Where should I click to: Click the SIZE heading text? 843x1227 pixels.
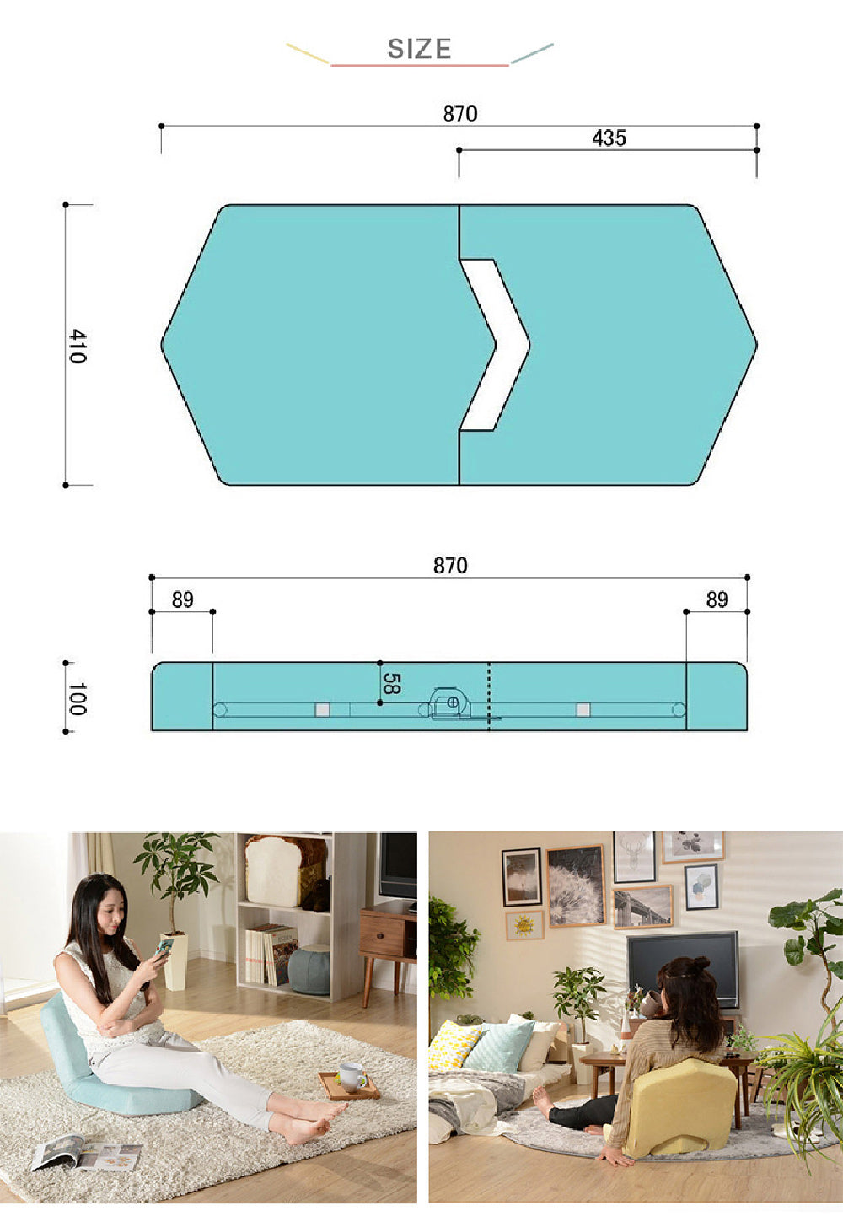[419, 49]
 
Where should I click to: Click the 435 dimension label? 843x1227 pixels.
[609, 138]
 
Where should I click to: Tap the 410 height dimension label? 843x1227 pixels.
[78, 347]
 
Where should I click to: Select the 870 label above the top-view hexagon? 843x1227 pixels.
[459, 114]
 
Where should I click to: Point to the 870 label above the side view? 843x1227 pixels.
[450, 566]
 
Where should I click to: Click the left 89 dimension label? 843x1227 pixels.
[182, 600]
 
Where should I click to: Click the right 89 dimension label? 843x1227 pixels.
[717, 600]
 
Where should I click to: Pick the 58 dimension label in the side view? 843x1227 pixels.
[392, 683]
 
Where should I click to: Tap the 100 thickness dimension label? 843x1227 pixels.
[78, 699]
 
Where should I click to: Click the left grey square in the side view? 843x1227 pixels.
[322, 710]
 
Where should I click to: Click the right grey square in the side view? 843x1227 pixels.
[583, 710]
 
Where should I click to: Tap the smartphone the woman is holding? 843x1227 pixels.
[164, 946]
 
